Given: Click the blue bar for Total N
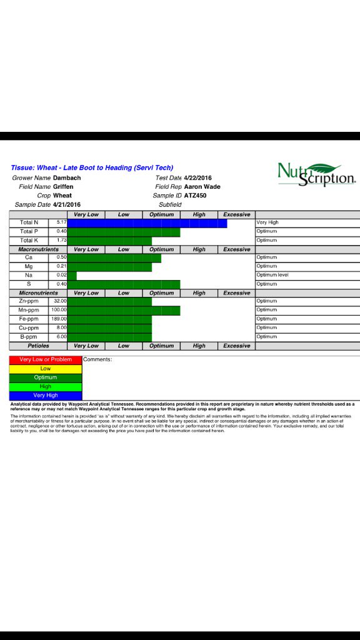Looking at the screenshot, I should coord(147,222).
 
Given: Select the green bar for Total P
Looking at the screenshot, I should coord(123,232).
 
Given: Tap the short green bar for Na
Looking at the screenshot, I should coord(72,275).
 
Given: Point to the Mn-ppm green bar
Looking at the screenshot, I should coord(123,310).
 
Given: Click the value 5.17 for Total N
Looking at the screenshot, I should coord(61,222).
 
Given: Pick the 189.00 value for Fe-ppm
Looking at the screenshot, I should coord(59,319).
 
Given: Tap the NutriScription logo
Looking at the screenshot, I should coord(316,174).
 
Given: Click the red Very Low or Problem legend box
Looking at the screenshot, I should coord(46,360).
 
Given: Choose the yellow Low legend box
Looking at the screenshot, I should coord(46,369).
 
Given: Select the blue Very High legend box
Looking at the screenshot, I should coord(46,396).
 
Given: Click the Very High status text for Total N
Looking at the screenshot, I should coord(267,222).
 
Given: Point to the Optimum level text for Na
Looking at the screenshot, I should coord(272,275).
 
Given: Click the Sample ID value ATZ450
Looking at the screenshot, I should coord(195,196).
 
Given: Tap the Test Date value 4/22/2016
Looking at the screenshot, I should coord(198,178).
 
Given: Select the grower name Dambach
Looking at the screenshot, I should coord(67,178).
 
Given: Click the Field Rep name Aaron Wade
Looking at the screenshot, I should coord(202,187).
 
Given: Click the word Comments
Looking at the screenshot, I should coord(97,359).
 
